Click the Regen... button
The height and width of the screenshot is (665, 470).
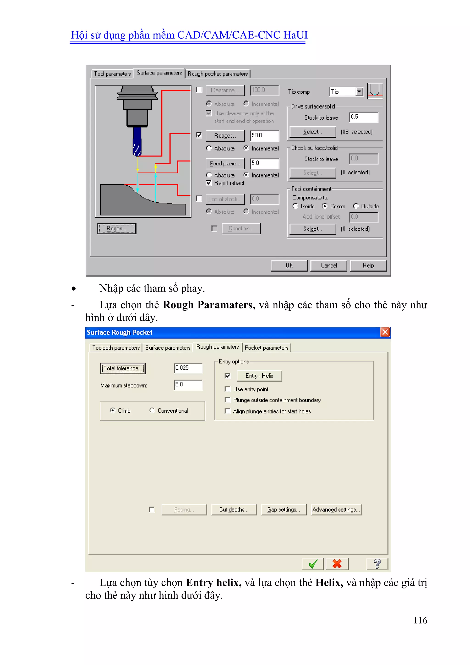pos(117,229)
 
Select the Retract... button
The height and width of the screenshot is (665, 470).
pos(225,136)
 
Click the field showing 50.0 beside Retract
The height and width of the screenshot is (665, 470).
pos(264,136)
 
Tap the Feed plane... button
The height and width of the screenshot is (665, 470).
pos(225,164)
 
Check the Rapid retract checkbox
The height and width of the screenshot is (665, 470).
pos(209,183)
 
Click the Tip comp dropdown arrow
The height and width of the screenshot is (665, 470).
pos(359,92)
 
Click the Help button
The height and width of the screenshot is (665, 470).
pos(368,265)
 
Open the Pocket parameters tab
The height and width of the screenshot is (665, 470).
pos(266,348)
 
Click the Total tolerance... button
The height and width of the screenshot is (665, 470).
pos(123,368)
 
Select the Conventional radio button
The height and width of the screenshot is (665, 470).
pos(152,410)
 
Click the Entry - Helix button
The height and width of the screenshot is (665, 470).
pos(259,376)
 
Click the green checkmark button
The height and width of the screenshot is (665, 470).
pos(313,564)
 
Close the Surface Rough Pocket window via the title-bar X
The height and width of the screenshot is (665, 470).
pos(385,332)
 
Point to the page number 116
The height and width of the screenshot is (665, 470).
pos(420,620)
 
